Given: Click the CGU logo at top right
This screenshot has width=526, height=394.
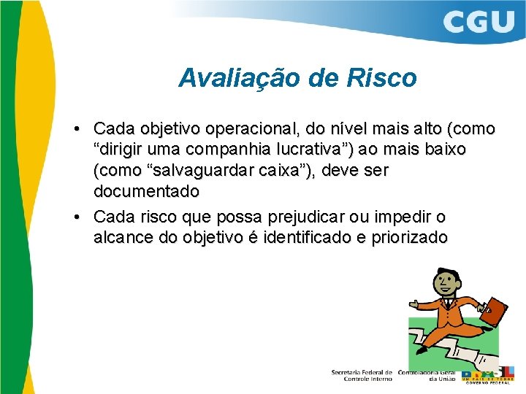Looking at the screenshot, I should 479,22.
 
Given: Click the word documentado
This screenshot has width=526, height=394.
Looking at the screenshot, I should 146,192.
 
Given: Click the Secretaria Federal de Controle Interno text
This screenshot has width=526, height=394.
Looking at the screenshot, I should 362,375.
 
